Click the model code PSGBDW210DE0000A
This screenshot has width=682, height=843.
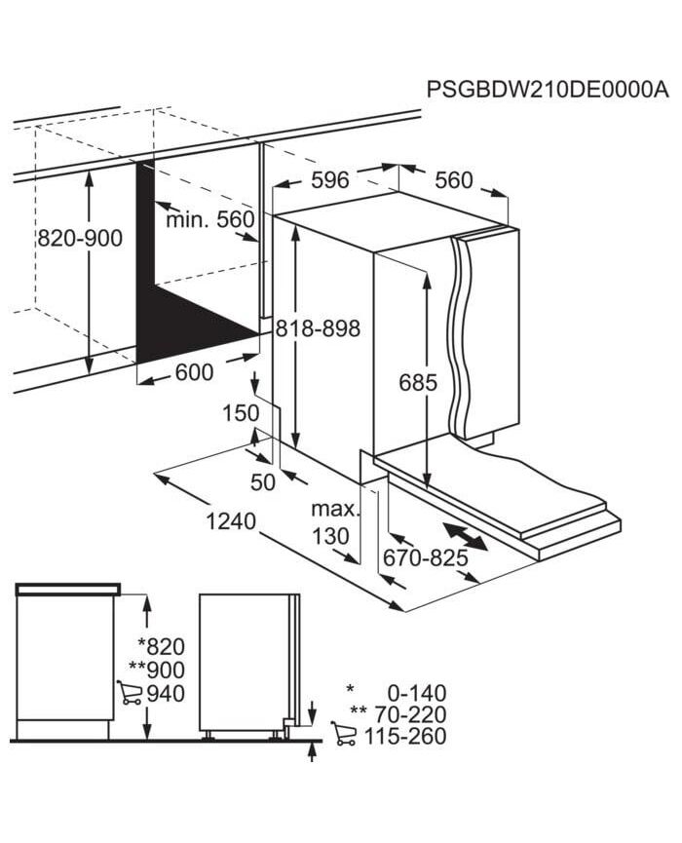pyautogui.click(x=548, y=90)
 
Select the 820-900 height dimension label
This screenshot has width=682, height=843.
pyautogui.click(x=80, y=238)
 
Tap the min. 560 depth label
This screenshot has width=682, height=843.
pyautogui.click(x=210, y=219)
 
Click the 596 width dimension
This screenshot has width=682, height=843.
pyautogui.click(x=330, y=180)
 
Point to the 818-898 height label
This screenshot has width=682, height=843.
pyautogui.click(x=318, y=328)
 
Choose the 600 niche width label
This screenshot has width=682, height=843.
pyautogui.click(x=195, y=372)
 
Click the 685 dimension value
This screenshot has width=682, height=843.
pyautogui.click(x=418, y=383)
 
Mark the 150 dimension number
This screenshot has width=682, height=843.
pyautogui.click(x=241, y=413)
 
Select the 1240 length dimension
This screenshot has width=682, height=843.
pyautogui.click(x=231, y=521)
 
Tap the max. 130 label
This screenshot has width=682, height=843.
pyautogui.click(x=334, y=522)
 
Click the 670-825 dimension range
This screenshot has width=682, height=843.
pyautogui.click(x=425, y=558)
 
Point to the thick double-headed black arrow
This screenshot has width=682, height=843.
pyautogui.click(x=466, y=536)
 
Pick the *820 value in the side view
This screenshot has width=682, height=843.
pyautogui.click(x=161, y=646)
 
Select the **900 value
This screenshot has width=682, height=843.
pyautogui.click(x=157, y=670)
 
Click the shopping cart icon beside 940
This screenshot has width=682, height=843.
pyautogui.click(x=130, y=693)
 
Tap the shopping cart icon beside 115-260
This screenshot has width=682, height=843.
pyautogui.click(x=344, y=733)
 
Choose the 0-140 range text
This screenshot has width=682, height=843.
pyautogui.click(x=417, y=693)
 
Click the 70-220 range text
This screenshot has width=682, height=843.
pyautogui.click(x=410, y=714)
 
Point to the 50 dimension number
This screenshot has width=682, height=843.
pyautogui.click(x=263, y=482)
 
